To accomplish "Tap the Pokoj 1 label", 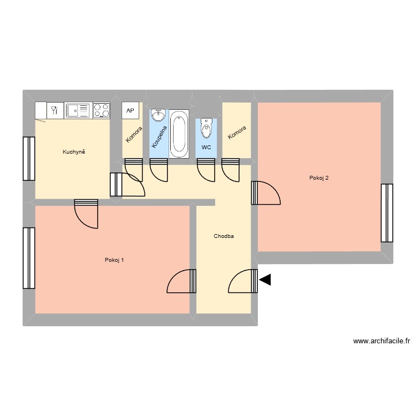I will pyautogui.click(x=114, y=260).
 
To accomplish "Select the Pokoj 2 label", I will pyautogui.click(x=319, y=178).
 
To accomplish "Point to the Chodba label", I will pyautogui.click(x=224, y=236).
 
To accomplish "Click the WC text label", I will pyautogui.click(x=206, y=148).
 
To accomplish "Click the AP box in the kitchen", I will pyautogui.click(x=130, y=110).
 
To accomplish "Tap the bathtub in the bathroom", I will pyautogui.click(x=179, y=133).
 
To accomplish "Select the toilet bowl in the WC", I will pyautogui.click(x=206, y=129).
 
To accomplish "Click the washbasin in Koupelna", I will pyautogui.click(x=158, y=115).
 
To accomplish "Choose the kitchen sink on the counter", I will pyautogui.click(x=78, y=110).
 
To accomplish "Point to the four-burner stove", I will pyautogui.click(x=102, y=110).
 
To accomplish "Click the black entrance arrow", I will pyautogui.click(x=265, y=280).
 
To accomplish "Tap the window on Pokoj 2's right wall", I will pyautogui.click(x=387, y=213).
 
